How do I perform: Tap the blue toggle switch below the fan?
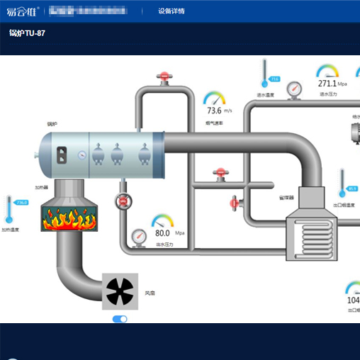[x=120, y=319]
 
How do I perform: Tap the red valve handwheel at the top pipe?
[x=165, y=76]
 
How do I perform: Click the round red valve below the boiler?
[x=124, y=201]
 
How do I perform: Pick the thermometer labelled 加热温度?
[x=9, y=210]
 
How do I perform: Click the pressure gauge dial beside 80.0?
[x=137, y=235]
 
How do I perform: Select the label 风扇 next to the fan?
[x=150, y=292]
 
